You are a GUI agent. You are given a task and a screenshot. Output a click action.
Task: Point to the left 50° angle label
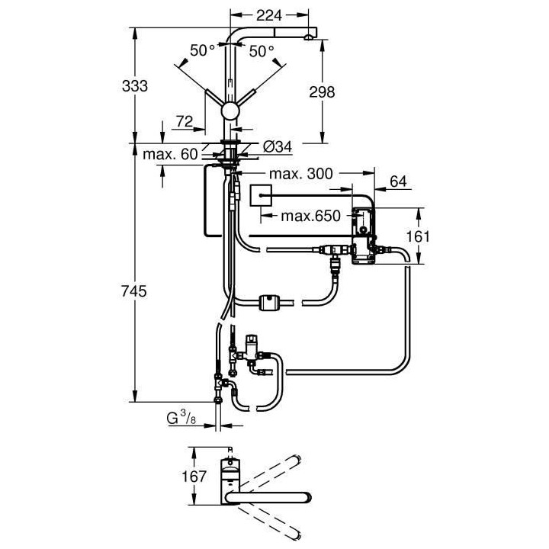click(x=203, y=51)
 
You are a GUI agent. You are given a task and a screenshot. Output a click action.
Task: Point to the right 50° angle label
click(x=262, y=51)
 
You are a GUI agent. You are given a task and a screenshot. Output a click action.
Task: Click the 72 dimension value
click(x=183, y=121)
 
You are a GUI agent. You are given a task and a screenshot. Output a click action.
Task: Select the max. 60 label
click(x=171, y=155)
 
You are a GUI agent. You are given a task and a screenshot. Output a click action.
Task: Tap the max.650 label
click(x=307, y=216)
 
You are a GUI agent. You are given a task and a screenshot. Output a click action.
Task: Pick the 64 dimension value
click(x=398, y=181)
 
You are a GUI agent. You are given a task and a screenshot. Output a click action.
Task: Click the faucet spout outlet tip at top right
click(x=308, y=36)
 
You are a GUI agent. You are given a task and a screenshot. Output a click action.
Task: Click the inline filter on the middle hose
click(x=270, y=302)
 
